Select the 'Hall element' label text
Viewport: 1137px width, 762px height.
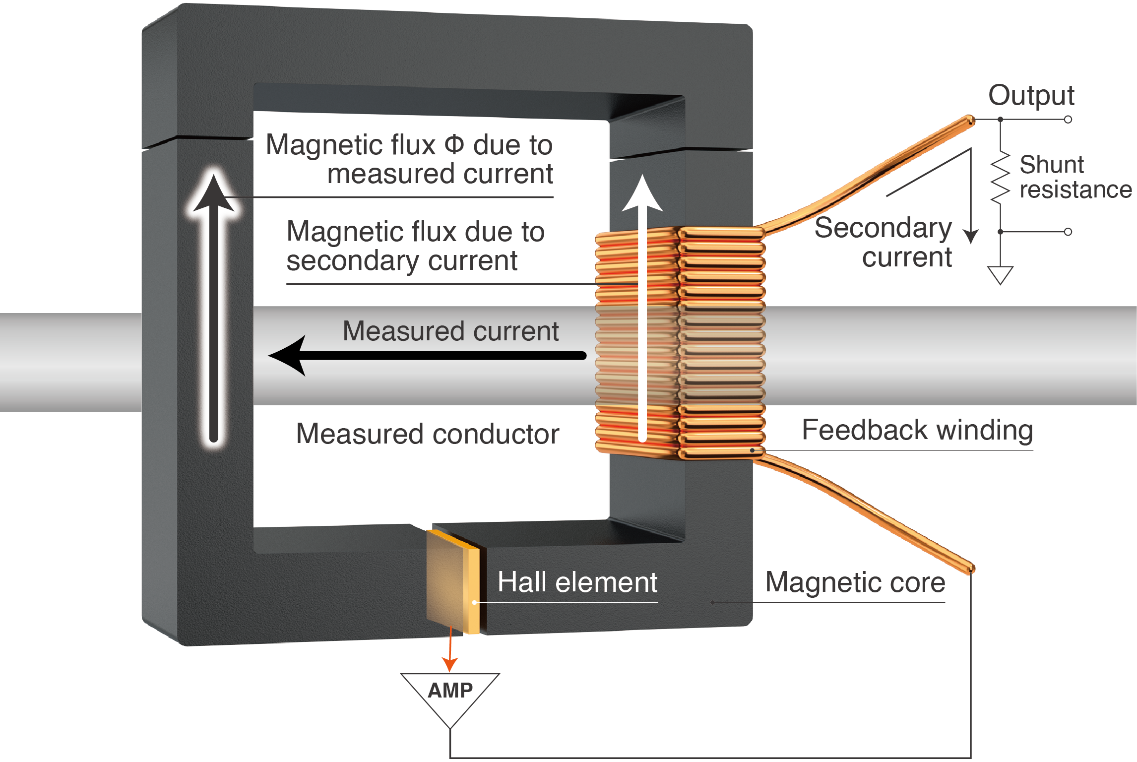577,582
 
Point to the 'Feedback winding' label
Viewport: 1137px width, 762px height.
917,430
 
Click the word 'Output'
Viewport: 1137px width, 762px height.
1031,95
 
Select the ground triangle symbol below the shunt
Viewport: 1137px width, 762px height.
1000,274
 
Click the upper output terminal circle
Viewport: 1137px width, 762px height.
1068,120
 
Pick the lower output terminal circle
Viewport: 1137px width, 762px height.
1068,232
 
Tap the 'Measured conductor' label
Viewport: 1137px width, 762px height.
427,434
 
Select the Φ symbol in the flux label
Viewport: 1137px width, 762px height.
454,144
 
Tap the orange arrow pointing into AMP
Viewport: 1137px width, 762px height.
450,662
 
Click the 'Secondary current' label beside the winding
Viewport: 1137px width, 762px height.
883,242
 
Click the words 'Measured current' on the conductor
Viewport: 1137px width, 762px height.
450,331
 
